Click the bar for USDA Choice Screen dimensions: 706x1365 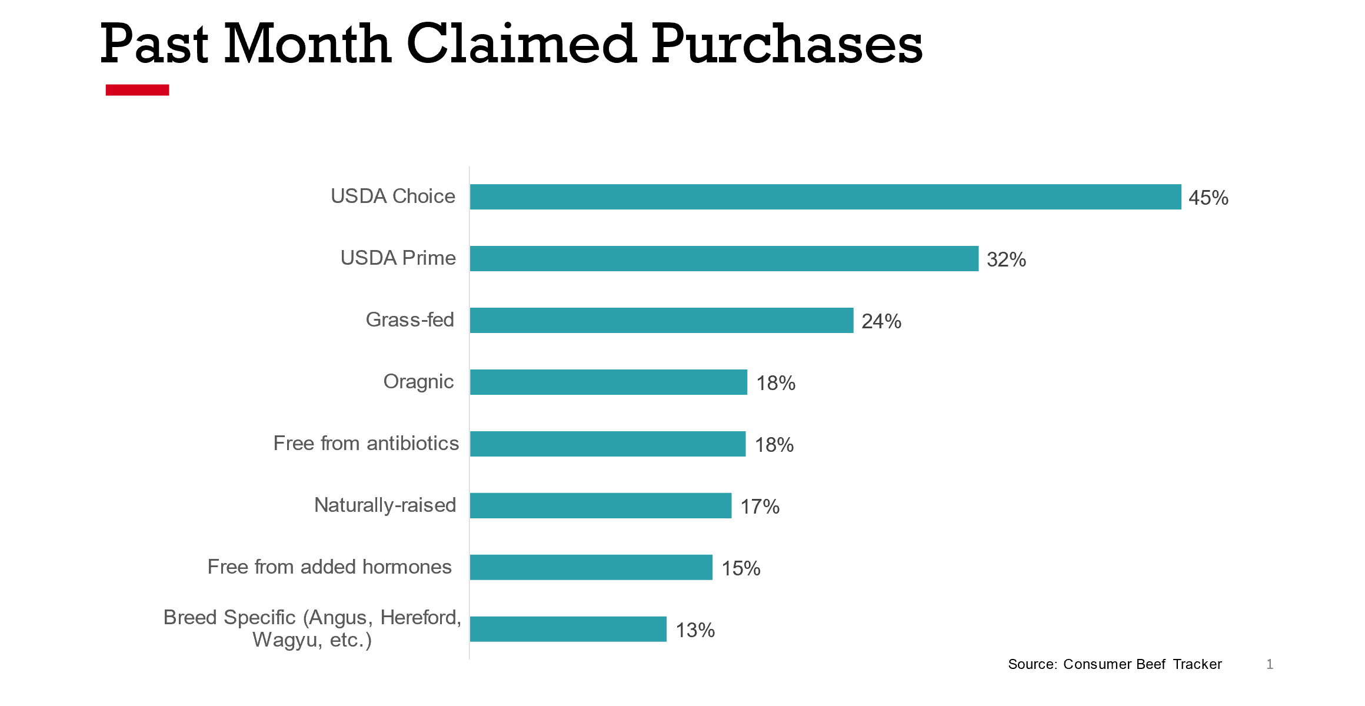tap(825, 197)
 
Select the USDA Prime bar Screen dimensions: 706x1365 tap(724, 258)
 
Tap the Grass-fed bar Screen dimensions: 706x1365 tap(661, 320)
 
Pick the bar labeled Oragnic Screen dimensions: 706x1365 tap(608, 382)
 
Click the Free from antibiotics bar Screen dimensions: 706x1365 tap(607, 444)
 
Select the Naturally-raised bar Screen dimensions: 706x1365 tap(600, 505)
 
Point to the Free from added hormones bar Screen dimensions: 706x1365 tap(591, 567)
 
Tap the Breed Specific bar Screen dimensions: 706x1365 tap(568, 629)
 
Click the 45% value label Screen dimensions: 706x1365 tap(1208, 198)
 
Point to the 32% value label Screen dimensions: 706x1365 tap(1006, 259)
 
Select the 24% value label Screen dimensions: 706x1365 tap(881, 321)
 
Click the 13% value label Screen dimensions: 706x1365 tap(695, 630)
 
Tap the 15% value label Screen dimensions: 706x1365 tap(741, 568)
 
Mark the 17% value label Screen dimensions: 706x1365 tap(760, 507)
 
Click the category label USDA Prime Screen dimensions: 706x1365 tap(398, 258)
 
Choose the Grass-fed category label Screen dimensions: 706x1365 tap(409, 319)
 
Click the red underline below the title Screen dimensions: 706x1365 tap(137, 89)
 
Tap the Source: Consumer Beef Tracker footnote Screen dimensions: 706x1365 tap(1114, 664)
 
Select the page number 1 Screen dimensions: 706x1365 tap(1270, 664)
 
